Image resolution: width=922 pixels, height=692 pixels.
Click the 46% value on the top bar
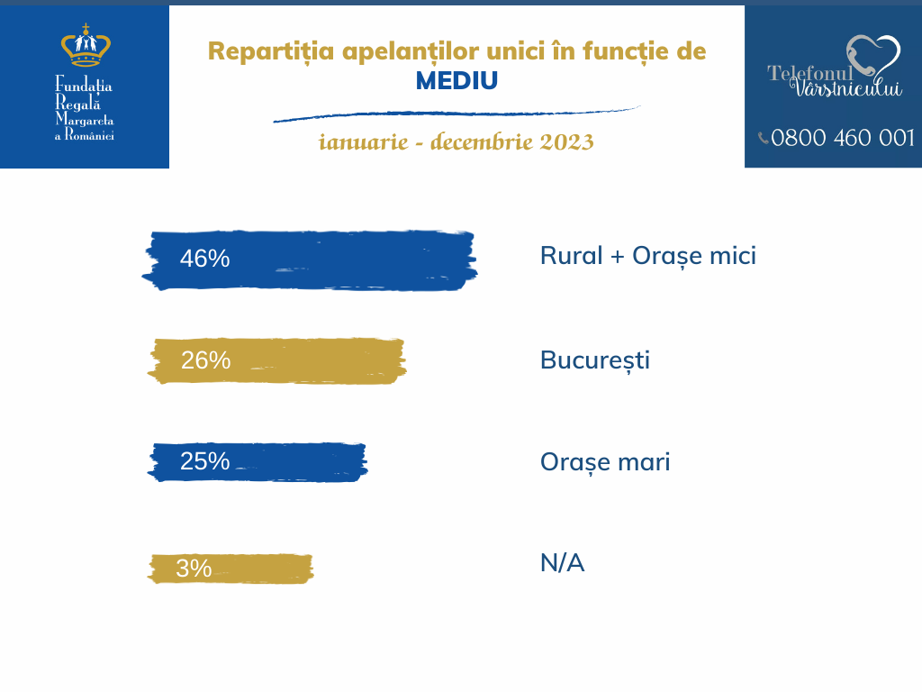(x=204, y=259)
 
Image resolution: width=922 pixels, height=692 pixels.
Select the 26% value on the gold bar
(x=205, y=360)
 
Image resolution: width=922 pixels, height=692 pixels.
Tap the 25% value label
(x=204, y=461)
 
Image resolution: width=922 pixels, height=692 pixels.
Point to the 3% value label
(x=194, y=569)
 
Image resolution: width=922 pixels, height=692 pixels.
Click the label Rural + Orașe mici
(x=647, y=256)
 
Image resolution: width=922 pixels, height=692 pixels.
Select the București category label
(x=594, y=360)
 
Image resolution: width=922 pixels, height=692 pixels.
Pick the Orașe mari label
(x=605, y=462)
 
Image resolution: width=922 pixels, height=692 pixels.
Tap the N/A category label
(x=562, y=564)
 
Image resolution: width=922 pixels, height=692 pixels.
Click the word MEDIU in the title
(x=456, y=81)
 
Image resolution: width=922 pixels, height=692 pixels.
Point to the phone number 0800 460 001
(x=843, y=138)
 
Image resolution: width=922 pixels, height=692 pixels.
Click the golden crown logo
(x=86, y=46)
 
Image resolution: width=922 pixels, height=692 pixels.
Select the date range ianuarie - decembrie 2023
(x=456, y=142)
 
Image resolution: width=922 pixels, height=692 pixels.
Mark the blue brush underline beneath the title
(x=456, y=114)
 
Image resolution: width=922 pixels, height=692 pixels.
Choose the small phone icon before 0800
(x=764, y=138)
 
